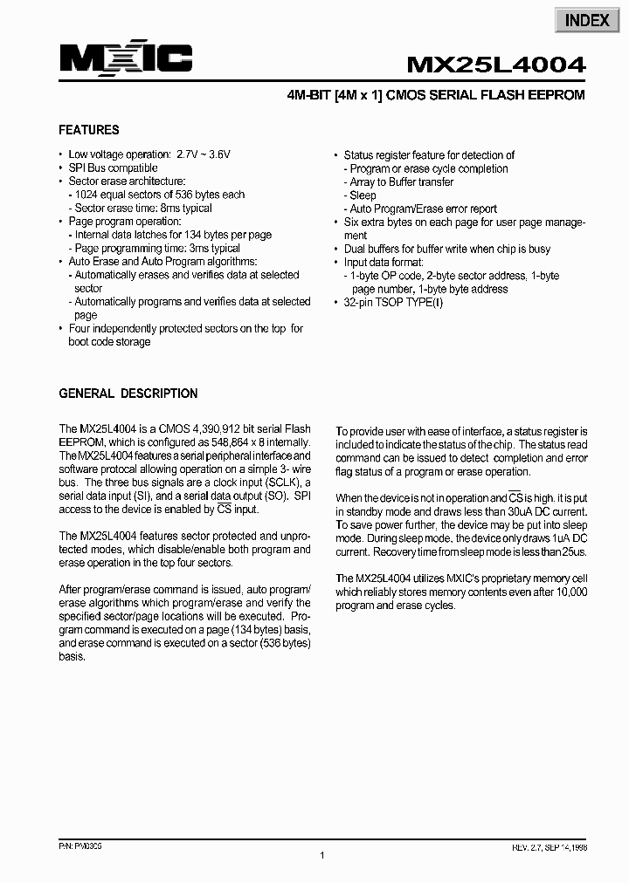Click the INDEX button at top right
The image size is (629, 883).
click(x=586, y=19)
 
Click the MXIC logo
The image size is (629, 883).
click(x=126, y=58)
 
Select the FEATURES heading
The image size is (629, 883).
click(x=88, y=130)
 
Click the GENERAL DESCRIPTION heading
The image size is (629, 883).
click(x=128, y=394)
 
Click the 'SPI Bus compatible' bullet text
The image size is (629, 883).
click(x=113, y=168)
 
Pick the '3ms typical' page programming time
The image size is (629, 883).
click(x=213, y=249)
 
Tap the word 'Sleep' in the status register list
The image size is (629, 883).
click(x=363, y=195)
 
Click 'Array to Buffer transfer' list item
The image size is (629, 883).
click(x=402, y=182)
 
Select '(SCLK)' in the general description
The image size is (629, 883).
click(x=279, y=483)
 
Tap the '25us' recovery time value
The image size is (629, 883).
click(x=575, y=551)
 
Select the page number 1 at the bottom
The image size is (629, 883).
click(x=322, y=856)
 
